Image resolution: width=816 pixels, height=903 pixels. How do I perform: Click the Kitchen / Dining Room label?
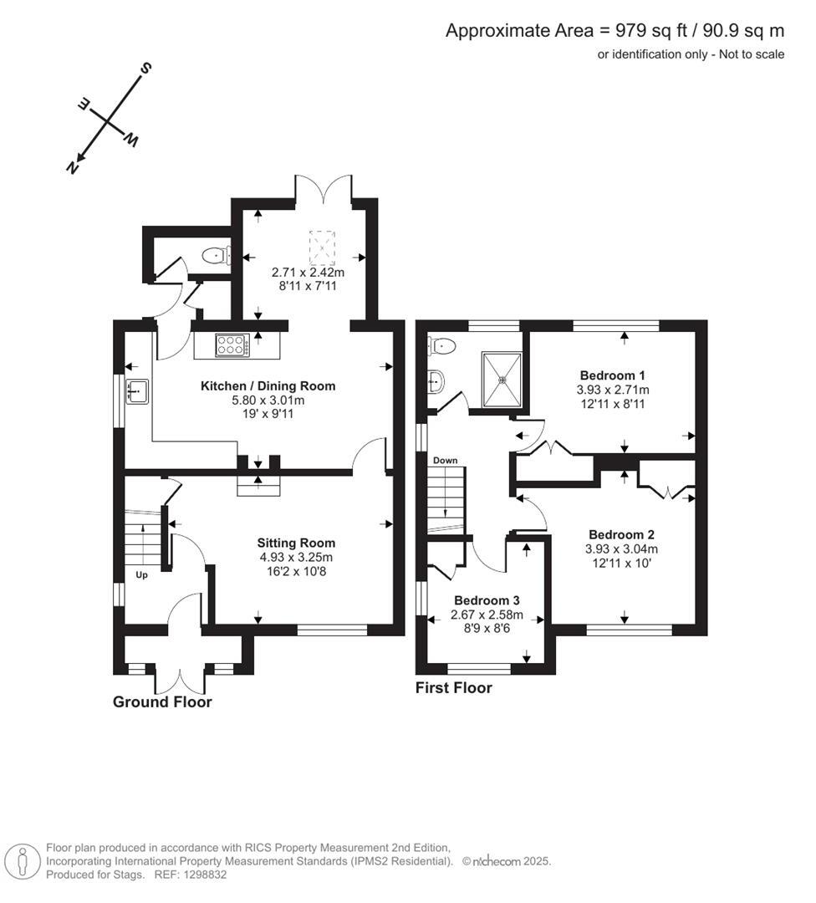268,386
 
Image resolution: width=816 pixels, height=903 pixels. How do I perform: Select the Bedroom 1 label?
613,375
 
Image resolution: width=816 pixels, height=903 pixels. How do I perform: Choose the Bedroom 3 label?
487,600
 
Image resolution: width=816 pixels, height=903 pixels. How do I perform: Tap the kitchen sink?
137,391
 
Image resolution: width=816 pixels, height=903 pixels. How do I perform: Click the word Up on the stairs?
141,575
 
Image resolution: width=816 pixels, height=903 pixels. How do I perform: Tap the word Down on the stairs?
445,461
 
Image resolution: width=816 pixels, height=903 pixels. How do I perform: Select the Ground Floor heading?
162,702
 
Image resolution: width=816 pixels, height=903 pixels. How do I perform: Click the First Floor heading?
454,688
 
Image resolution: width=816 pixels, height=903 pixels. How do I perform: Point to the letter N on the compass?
73,167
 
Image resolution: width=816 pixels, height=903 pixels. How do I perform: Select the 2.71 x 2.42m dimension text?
308,273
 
